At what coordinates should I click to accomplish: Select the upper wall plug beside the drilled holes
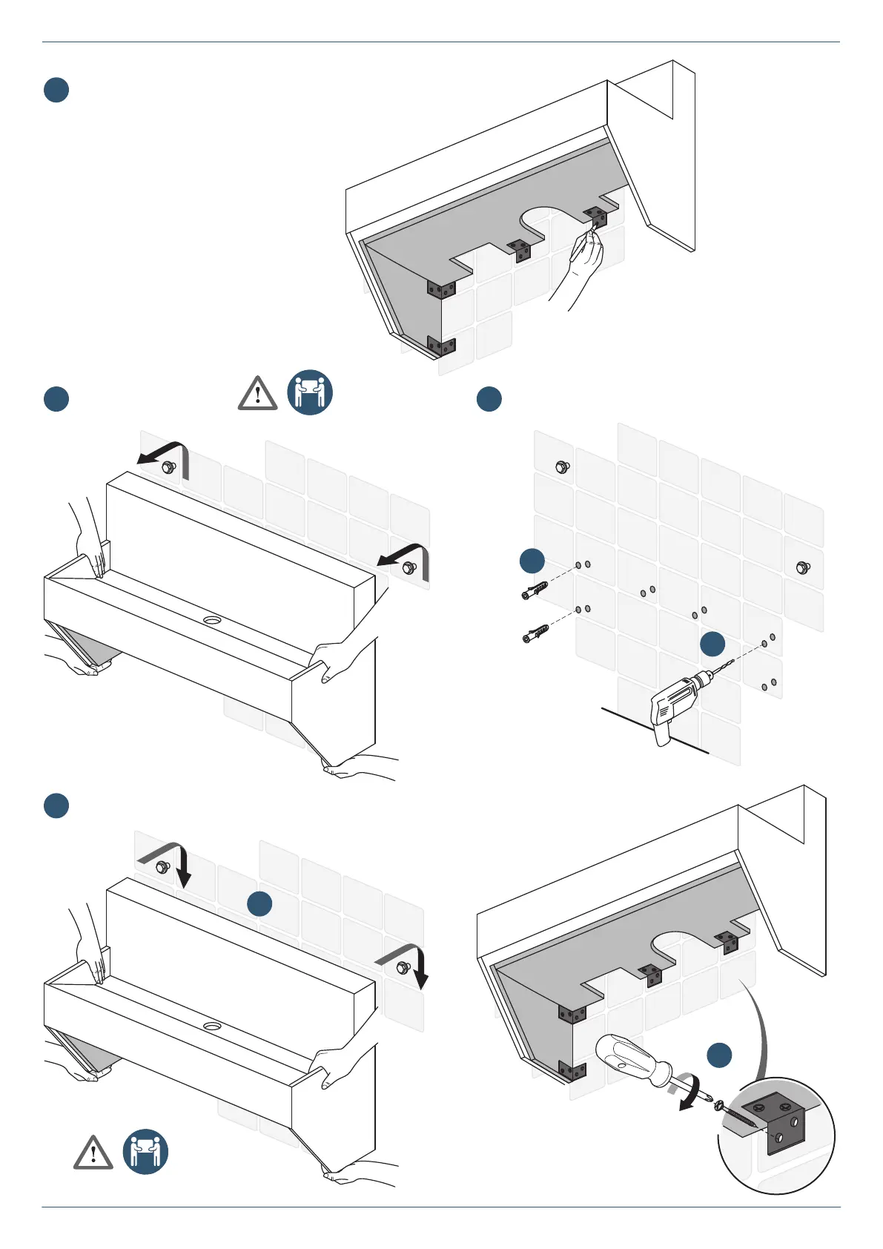point(535,592)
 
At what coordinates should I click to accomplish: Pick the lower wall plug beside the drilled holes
point(535,633)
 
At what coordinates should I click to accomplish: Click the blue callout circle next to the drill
point(712,644)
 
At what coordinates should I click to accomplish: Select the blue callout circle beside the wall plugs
point(532,561)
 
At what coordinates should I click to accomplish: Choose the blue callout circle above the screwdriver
point(719,1055)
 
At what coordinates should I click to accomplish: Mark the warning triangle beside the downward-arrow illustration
point(93,1153)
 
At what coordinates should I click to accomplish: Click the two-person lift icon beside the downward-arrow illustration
point(145,1152)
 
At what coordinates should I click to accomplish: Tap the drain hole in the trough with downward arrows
point(213,1026)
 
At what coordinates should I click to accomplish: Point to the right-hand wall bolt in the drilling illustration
point(801,567)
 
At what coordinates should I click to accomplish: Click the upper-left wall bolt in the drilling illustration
point(562,467)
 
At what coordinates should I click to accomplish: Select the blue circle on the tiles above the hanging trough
point(259,903)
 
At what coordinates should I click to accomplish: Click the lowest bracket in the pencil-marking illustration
point(441,345)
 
